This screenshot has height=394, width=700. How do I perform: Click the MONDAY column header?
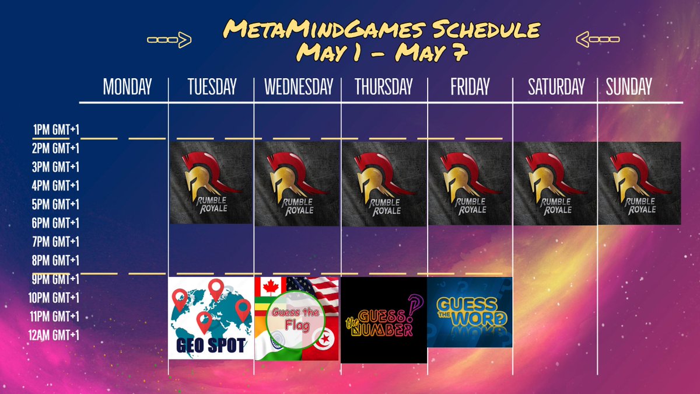[x=127, y=88]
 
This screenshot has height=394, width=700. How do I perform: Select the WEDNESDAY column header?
[x=298, y=88]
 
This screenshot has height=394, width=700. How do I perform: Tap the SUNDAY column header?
[x=628, y=88]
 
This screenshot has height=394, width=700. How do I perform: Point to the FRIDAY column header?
[x=470, y=88]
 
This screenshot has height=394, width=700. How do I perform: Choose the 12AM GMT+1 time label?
[x=54, y=335]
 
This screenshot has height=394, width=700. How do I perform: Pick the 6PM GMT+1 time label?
[x=55, y=223]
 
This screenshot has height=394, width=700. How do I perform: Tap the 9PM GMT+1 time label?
[x=55, y=279]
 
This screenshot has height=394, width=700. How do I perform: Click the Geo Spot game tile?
[x=211, y=318]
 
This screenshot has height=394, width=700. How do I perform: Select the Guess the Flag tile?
[x=297, y=319]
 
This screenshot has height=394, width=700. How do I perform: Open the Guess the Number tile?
[x=383, y=320]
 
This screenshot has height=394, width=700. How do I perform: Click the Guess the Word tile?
[x=470, y=312]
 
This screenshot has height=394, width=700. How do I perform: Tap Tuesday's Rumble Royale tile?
[x=211, y=183]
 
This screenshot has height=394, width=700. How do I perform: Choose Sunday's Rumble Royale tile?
[x=639, y=183]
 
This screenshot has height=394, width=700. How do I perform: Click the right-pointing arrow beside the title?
[x=169, y=40]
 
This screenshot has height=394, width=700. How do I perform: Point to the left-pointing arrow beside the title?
[x=597, y=40]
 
